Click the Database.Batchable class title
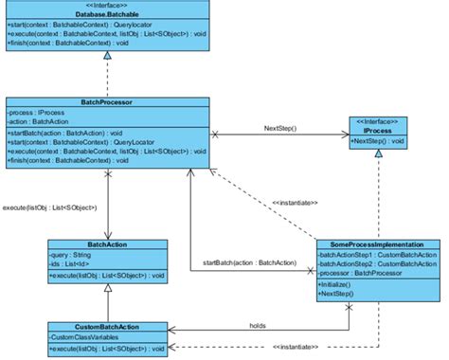(x=107, y=17)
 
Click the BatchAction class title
(x=107, y=244)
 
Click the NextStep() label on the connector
(x=281, y=127)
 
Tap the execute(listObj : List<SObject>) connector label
(x=48, y=206)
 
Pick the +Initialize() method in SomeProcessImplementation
(x=341, y=284)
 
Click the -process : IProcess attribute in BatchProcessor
(x=39, y=111)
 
